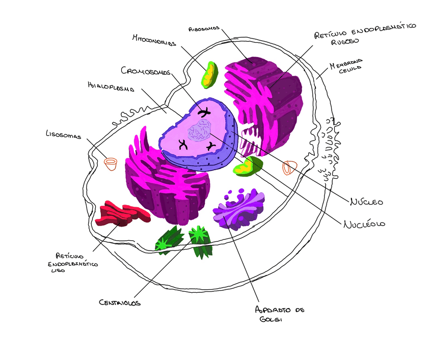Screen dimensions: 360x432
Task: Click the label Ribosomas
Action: pyautogui.click(x=204, y=29)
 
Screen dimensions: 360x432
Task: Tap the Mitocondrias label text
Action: pyautogui.click(x=154, y=40)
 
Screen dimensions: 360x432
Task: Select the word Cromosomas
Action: pyautogui.click(x=145, y=71)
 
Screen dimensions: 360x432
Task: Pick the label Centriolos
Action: pyautogui.click(x=120, y=302)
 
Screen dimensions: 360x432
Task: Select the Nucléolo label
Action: pyautogui.click(x=364, y=224)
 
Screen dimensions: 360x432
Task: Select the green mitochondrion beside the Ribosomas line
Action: pyautogui.click(x=209, y=74)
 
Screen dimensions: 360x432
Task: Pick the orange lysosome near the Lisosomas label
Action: pyautogui.click(x=111, y=163)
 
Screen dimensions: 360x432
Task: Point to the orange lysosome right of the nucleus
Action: pyautogui.click(x=289, y=167)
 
